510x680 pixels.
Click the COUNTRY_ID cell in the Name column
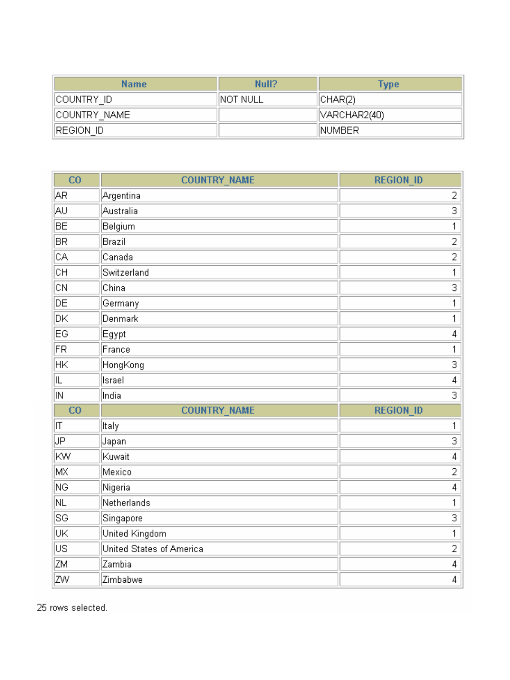click(x=84, y=99)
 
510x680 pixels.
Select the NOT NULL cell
click(x=241, y=99)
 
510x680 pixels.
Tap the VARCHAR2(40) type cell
click(x=352, y=115)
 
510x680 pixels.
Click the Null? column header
click(x=266, y=84)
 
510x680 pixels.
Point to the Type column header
click(x=389, y=84)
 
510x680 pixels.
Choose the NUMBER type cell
click(x=339, y=130)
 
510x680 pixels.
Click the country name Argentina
click(x=121, y=195)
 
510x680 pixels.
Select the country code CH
click(x=62, y=273)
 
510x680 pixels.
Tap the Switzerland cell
click(x=126, y=273)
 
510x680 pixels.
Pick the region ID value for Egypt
click(x=454, y=334)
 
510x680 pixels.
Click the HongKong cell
click(x=123, y=365)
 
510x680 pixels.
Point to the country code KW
click(x=63, y=456)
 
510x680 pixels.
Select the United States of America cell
click(x=153, y=549)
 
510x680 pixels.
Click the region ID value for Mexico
click(x=454, y=472)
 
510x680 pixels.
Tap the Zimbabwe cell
click(x=123, y=580)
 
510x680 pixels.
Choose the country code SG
click(x=62, y=518)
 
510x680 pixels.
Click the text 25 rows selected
click(x=72, y=608)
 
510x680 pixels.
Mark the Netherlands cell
click(x=126, y=503)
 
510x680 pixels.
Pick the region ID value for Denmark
click(x=454, y=318)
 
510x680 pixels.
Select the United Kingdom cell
click(x=134, y=533)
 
